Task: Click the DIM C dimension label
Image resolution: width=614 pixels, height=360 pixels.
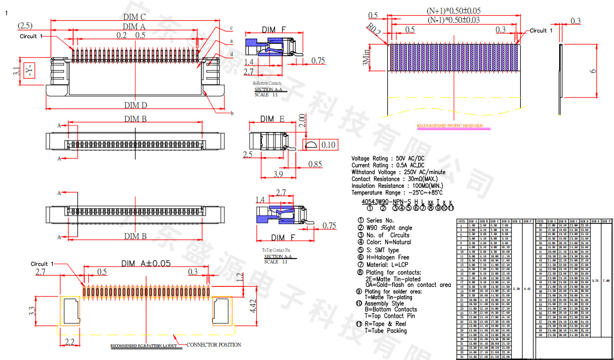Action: [x=134, y=17]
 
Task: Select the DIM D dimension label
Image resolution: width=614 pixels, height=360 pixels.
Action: [x=134, y=105]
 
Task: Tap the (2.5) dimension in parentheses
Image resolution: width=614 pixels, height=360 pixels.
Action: [x=25, y=25]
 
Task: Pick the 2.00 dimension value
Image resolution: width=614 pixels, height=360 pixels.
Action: [x=302, y=120]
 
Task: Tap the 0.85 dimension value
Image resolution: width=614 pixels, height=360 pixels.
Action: [x=315, y=164]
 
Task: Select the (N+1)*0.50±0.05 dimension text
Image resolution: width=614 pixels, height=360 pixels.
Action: [x=454, y=11]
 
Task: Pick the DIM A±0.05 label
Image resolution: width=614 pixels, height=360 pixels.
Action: [x=146, y=263]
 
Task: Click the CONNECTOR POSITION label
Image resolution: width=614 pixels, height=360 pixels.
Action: [x=214, y=345]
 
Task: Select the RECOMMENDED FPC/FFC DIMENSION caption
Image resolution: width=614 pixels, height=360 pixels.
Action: [x=450, y=126]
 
